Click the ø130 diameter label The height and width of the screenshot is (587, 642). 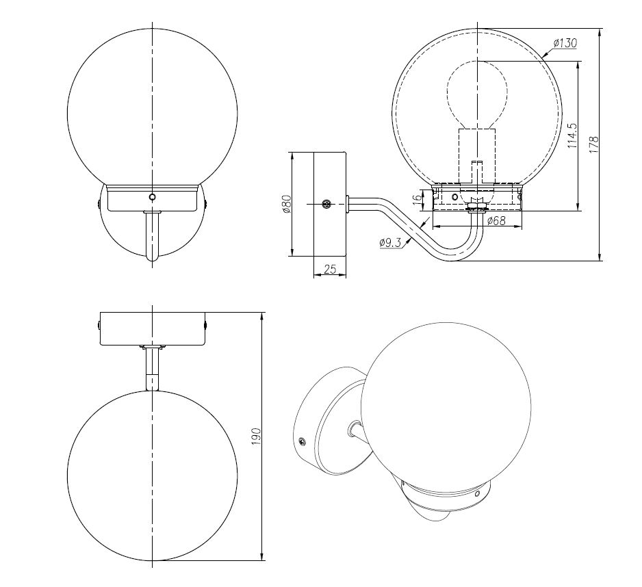565,42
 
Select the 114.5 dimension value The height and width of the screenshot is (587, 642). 572,135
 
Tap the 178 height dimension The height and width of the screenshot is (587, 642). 593,144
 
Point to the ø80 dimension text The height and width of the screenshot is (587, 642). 286,203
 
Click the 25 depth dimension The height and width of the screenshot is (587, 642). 330,269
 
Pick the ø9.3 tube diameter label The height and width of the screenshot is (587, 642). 390,242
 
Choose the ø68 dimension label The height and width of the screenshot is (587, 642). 496,220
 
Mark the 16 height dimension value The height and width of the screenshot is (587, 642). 416,199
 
